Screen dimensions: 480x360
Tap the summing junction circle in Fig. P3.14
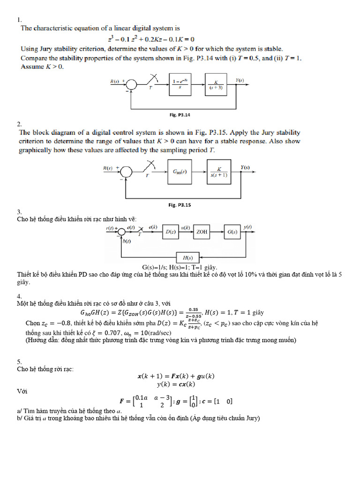tap(132, 84)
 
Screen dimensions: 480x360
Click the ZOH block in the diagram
tap(202, 232)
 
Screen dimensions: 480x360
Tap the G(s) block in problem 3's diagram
tap(232, 232)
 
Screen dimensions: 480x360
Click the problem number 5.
tap(20, 362)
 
